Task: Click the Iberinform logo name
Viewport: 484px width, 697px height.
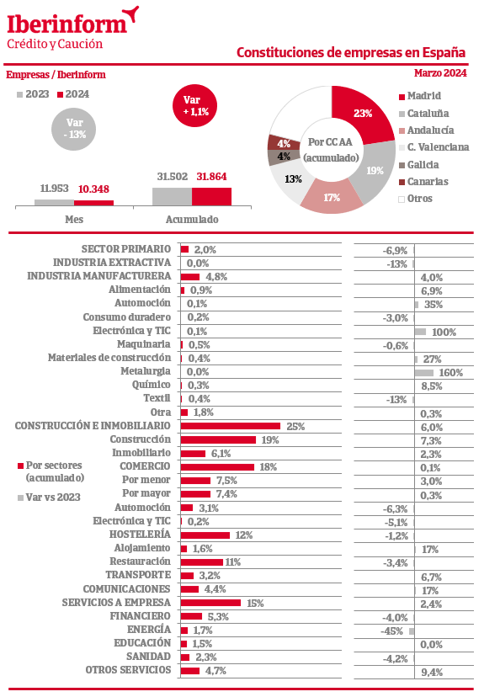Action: pyautogui.click(x=67, y=24)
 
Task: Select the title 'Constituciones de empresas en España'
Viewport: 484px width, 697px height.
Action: pyautogui.click(x=351, y=52)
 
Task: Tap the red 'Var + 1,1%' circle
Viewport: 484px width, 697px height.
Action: pyautogui.click(x=194, y=106)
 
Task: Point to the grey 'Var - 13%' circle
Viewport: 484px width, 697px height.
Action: pyautogui.click(x=74, y=129)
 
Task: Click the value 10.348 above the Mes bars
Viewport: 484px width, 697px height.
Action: pyautogui.click(x=93, y=189)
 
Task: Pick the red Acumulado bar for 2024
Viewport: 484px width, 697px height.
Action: pyautogui.click(x=211, y=196)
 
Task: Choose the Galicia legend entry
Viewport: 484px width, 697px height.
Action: pyautogui.click(x=418, y=165)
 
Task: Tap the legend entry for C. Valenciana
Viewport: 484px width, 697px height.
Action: pyautogui.click(x=433, y=147)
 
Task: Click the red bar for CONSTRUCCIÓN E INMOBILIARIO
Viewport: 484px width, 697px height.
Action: pyautogui.click(x=231, y=426)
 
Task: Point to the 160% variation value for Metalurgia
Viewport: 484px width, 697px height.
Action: pyautogui.click(x=450, y=373)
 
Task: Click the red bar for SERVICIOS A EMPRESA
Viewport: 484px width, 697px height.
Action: pyautogui.click(x=210, y=603)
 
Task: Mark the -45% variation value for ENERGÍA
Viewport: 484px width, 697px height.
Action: pyautogui.click(x=391, y=631)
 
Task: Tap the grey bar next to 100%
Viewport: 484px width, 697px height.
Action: pyautogui.click(x=420, y=332)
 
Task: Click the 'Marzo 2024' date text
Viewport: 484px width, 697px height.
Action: pyautogui.click(x=440, y=73)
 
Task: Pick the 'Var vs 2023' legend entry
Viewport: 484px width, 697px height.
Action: pyautogui.click(x=50, y=497)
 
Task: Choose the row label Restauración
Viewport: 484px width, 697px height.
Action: pyautogui.click(x=140, y=561)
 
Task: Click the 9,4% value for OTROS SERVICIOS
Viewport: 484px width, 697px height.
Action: pyautogui.click(x=432, y=672)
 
